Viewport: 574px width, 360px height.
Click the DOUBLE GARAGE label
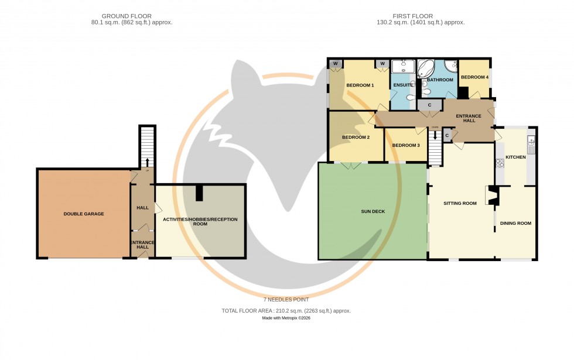pyautogui.click(x=84, y=214)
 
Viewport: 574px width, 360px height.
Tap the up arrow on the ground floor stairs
pyautogui.click(x=147, y=163)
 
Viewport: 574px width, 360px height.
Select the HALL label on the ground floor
pyautogui.click(x=142, y=208)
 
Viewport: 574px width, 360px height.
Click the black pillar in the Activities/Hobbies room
pyautogui.click(x=200, y=193)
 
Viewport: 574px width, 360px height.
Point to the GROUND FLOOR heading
pyautogui.click(x=127, y=16)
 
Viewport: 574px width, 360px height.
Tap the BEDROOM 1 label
pyautogui.click(x=360, y=85)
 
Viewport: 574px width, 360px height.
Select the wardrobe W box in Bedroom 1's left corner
pyautogui.click(x=336, y=64)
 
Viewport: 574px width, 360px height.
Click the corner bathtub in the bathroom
pyautogui.click(x=426, y=69)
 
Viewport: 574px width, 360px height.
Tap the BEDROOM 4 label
pyautogui.click(x=474, y=77)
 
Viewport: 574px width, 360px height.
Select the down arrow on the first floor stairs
pyautogui.click(x=435, y=135)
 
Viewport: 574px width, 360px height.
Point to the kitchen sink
pyautogui.click(x=531, y=140)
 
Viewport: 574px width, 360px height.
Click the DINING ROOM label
pyautogui.click(x=516, y=223)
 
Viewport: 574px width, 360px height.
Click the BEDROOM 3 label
pyautogui.click(x=406, y=145)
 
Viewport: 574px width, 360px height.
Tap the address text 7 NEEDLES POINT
pyautogui.click(x=286, y=300)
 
